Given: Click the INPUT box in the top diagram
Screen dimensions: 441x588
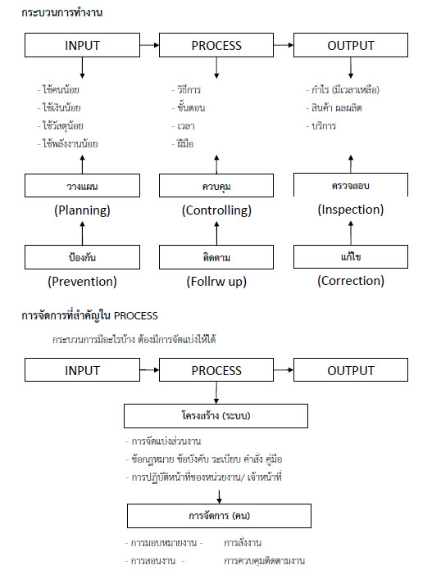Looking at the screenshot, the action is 82,45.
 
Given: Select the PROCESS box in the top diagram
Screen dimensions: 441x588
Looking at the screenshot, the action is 216,45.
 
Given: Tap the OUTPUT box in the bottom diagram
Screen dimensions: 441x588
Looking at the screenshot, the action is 351,370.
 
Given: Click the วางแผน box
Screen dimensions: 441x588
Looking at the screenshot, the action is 82,186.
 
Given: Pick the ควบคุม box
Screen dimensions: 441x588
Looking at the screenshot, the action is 216,186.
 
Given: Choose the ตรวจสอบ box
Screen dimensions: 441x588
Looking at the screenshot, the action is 351,185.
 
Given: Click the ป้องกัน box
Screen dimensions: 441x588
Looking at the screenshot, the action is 82,257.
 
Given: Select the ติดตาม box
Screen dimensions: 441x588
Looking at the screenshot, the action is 216,257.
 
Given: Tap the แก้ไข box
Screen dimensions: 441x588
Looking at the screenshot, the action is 351,257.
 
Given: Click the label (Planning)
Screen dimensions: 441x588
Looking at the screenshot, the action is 82,210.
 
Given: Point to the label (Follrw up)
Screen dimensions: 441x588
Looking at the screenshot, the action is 216,282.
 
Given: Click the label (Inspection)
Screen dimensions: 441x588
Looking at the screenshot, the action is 351,210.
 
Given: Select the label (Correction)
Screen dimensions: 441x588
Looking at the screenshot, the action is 351,281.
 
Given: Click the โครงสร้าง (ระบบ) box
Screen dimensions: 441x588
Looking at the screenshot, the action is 216,416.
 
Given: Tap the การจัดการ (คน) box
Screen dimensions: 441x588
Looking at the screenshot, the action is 219,516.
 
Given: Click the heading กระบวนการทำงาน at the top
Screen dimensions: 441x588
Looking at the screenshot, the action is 62,12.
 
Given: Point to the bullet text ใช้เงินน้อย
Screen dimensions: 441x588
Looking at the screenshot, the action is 61,108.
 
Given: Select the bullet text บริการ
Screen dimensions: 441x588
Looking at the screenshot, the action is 324,126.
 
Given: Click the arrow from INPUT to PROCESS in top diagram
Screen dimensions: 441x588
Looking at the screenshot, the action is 149,45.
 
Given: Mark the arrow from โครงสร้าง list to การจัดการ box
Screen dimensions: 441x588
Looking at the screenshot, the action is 219,496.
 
